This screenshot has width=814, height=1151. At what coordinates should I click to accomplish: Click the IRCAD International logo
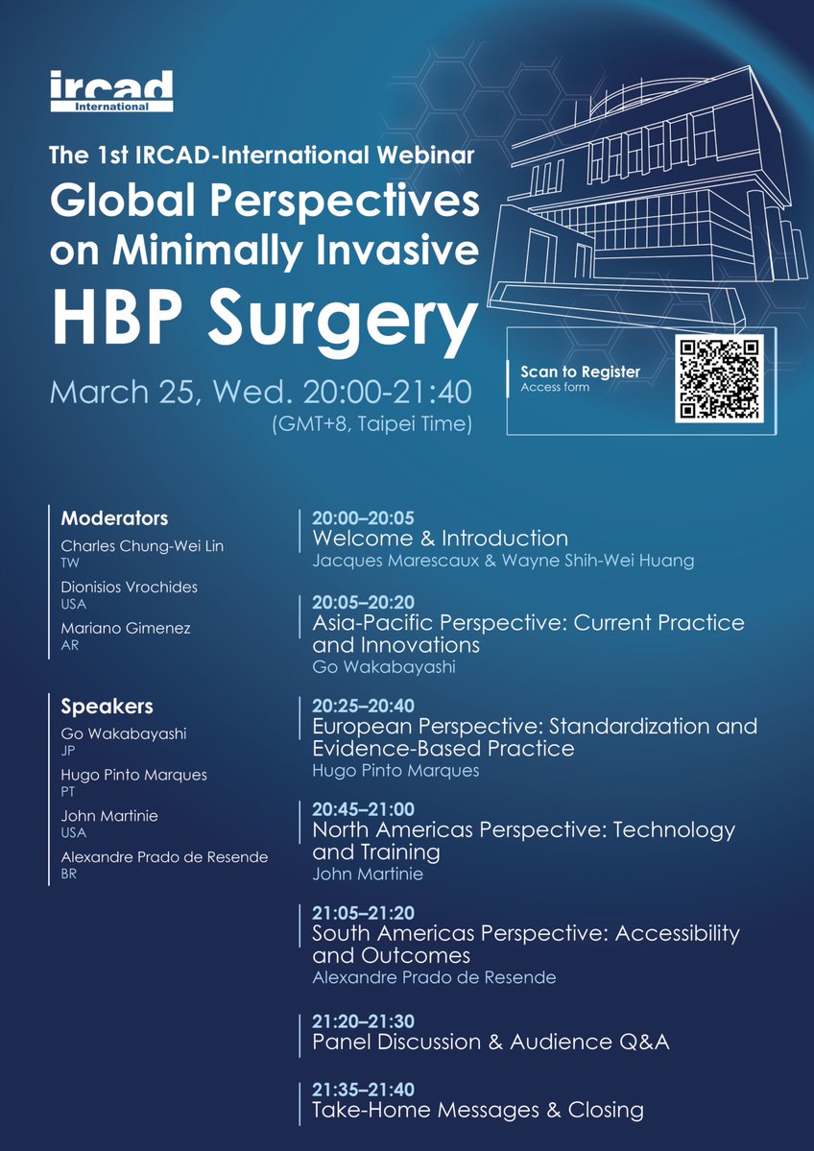click(x=113, y=90)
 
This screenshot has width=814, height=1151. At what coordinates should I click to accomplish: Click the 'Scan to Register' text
click(x=580, y=372)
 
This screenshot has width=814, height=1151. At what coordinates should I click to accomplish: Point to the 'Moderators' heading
click(x=114, y=518)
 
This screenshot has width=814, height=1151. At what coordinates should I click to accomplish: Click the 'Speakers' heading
click(x=107, y=707)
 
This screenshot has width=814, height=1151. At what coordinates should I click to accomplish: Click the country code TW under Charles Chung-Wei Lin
click(x=70, y=564)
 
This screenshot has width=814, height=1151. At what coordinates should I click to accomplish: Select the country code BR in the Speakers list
click(x=69, y=874)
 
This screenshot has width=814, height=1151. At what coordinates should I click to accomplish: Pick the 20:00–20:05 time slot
click(x=363, y=518)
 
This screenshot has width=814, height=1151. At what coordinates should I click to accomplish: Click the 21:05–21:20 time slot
click(x=363, y=913)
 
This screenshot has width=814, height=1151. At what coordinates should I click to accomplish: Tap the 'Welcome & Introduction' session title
click(x=440, y=539)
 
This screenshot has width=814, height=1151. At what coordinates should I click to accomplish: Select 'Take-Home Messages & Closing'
click(x=477, y=1110)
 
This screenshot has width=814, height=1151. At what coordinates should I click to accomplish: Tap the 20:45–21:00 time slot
click(x=363, y=809)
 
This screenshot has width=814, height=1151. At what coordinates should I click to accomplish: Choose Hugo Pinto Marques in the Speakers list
click(x=133, y=775)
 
